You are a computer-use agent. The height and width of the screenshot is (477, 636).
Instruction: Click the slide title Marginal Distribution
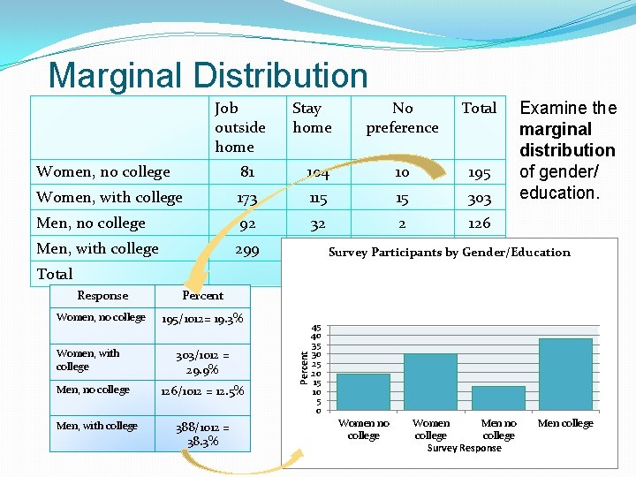click(x=208, y=76)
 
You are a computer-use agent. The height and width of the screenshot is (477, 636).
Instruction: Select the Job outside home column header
click(x=239, y=127)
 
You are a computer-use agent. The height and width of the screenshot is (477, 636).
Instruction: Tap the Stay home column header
click(x=312, y=117)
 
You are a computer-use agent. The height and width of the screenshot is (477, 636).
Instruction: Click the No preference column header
click(x=402, y=117)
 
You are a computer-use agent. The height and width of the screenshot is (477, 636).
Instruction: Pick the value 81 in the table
click(x=247, y=171)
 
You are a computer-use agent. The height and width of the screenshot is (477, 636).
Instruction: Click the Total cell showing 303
click(x=479, y=197)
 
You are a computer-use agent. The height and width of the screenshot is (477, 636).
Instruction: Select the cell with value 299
click(x=247, y=249)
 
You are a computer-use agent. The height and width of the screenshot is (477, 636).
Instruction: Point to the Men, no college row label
click(x=91, y=223)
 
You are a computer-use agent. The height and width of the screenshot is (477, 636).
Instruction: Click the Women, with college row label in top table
click(x=110, y=197)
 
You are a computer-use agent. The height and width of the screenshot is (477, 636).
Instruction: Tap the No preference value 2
click(x=402, y=223)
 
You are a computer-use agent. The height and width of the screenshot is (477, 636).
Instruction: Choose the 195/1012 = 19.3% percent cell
click(x=202, y=318)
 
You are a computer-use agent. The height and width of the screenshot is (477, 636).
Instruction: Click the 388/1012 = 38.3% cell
click(x=202, y=433)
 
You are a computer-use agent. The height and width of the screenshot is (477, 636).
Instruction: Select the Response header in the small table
click(x=102, y=296)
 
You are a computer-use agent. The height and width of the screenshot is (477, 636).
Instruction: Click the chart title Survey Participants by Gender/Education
click(x=449, y=253)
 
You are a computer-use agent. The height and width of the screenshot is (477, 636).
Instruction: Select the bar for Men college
click(x=564, y=375)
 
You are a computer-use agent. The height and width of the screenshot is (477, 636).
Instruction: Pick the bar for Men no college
click(x=498, y=398)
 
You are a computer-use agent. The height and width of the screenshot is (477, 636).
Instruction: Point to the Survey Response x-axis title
click(x=464, y=448)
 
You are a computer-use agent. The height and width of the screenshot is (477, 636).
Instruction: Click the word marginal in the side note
click(x=556, y=129)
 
